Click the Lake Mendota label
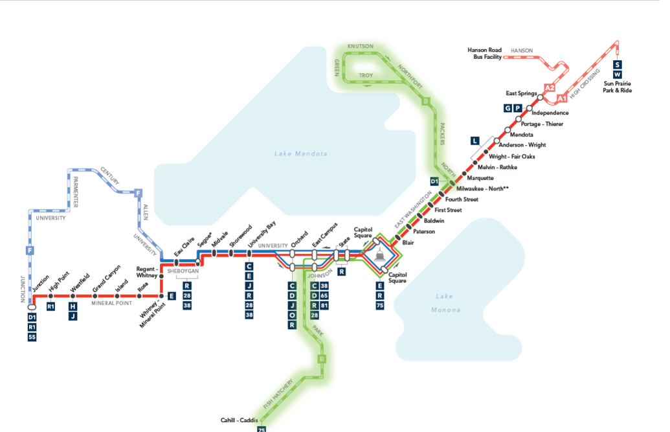tap(300, 153)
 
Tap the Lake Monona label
tap(444, 303)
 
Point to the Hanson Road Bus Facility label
tap(484, 53)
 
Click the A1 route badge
tap(562, 98)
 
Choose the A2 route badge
tap(550, 87)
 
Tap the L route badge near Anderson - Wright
tap(475, 141)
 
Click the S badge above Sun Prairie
tap(617, 65)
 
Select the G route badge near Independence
tap(508, 108)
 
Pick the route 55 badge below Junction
tap(32, 337)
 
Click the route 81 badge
tap(324, 306)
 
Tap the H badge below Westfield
tap(73, 306)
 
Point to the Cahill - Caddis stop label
tap(239, 420)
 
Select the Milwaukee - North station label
tap(482, 188)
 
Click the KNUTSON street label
tap(360, 47)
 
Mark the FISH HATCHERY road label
tap(278, 393)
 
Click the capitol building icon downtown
tap(379, 256)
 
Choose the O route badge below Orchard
tap(292, 315)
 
